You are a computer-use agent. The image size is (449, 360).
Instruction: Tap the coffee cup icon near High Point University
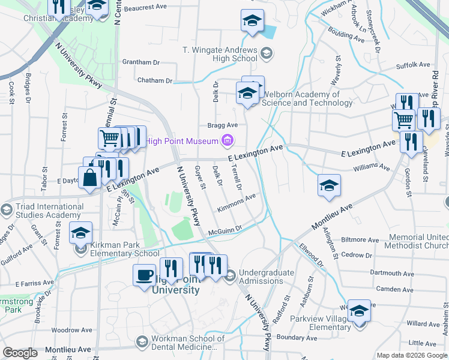(x=144, y=275)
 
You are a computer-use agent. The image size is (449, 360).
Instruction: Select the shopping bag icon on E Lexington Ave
(x=89, y=178)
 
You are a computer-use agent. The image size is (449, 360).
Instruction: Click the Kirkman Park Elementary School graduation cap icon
(x=81, y=232)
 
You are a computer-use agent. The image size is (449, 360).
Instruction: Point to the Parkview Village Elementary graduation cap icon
(x=359, y=310)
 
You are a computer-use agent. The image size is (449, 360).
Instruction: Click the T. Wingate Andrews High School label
(x=220, y=54)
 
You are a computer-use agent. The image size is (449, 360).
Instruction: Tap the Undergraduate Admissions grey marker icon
(x=230, y=275)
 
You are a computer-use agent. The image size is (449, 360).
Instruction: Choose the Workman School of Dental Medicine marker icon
(x=142, y=342)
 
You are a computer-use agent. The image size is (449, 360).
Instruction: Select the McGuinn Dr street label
(x=224, y=229)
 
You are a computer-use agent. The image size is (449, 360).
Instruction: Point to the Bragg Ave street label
(x=223, y=125)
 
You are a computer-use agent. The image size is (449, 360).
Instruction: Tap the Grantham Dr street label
(x=140, y=62)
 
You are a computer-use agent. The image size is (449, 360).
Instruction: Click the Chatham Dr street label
(x=154, y=80)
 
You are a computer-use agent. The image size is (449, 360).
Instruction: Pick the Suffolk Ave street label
(x=413, y=65)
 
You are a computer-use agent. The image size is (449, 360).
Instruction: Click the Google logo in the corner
(x=20, y=353)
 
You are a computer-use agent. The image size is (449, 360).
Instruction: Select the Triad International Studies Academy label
(x=45, y=211)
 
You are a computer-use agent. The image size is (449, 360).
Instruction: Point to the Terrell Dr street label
(x=236, y=178)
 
